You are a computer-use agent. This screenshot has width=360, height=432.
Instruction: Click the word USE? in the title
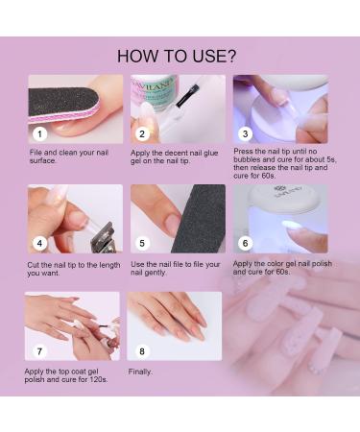pyautogui.click(x=214, y=56)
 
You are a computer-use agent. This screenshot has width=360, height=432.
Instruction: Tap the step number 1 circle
pyautogui.click(x=39, y=133)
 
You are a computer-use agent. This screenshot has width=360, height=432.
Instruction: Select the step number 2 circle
pyautogui.click(x=142, y=133)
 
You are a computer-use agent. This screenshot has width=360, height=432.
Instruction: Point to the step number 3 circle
pyautogui.click(x=245, y=133)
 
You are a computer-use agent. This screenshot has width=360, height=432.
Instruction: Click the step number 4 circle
pyautogui.click(x=39, y=243)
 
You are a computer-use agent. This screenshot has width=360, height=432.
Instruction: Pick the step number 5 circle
pyautogui.click(x=142, y=243)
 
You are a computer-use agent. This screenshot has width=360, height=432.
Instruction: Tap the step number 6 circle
pyautogui.click(x=245, y=243)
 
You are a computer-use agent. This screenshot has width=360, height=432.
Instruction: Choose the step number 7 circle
pyautogui.click(x=39, y=351)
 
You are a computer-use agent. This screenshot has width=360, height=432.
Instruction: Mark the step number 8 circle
pyautogui.click(x=142, y=351)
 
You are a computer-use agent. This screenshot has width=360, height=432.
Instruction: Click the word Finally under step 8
pyautogui.click(x=140, y=372)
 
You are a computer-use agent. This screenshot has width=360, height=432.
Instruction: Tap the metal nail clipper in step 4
pyautogui.click(x=103, y=237)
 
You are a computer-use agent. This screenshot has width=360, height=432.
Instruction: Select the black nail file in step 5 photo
pyautogui.click(x=200, y=219)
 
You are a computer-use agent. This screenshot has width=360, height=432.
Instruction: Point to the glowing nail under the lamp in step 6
pyautogui.click(x=292, y=225)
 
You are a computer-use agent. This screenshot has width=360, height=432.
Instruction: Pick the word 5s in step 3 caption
pyautogui.click(x=331, y=159)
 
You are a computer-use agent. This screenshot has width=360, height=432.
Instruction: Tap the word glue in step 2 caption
pyautogui.click(x=210, y=153)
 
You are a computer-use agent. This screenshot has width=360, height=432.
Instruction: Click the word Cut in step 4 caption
pyautogui.click(x=34, y=265)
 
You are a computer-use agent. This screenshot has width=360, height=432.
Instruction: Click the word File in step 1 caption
pyautogui.click(x=36, y=153)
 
